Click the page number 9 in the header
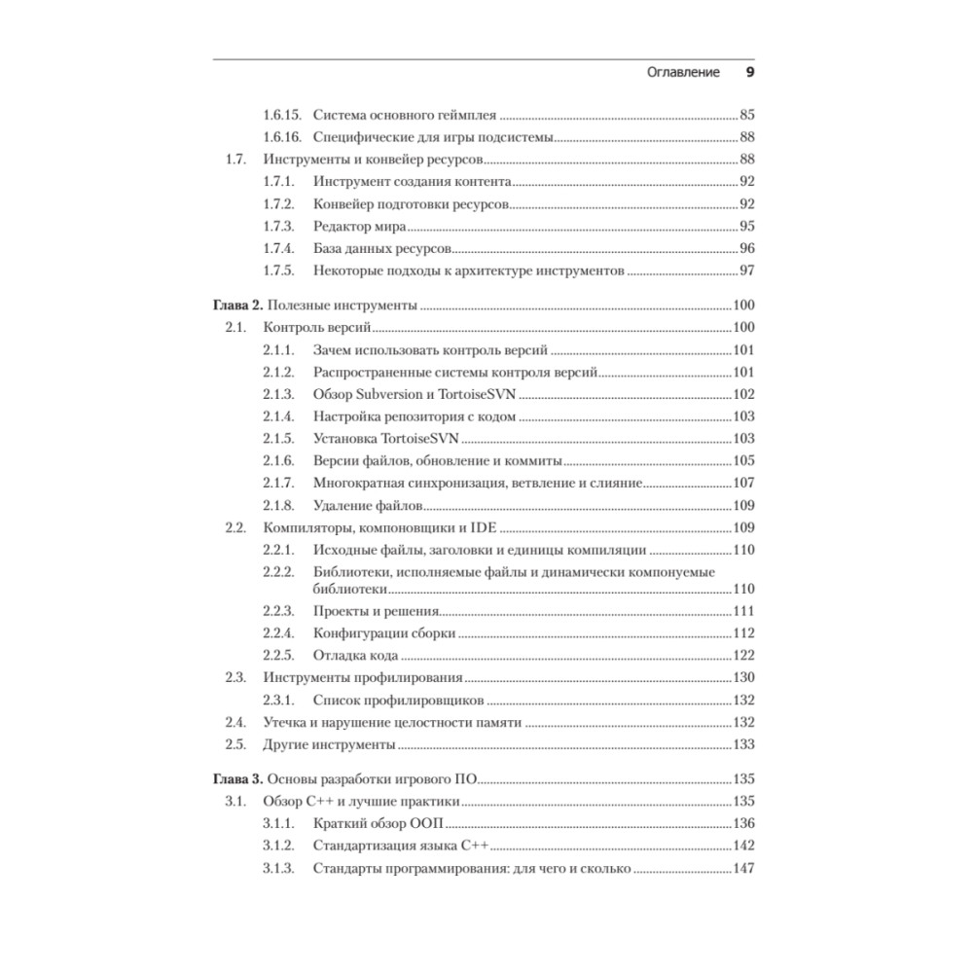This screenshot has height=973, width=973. click(749, 72)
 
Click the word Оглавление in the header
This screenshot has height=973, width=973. click(683, 72)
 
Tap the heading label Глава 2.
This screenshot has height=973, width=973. click(236, 306)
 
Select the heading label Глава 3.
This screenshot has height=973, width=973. click(236, 779)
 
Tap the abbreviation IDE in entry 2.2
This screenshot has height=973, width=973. click(484, 527)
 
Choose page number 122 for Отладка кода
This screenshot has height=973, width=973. click(743, 655)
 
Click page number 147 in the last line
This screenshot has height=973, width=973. click(743, 869)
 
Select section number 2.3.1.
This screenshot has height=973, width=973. click(278, 701)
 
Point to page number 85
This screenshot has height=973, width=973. click(747, 114)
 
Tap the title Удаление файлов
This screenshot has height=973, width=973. click(369, 505)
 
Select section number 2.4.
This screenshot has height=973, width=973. click(234, 723)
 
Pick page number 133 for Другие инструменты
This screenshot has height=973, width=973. click(743, 745)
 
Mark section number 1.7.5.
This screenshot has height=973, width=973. click(278, 270)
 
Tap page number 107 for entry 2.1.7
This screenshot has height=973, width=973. click(743, 483)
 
